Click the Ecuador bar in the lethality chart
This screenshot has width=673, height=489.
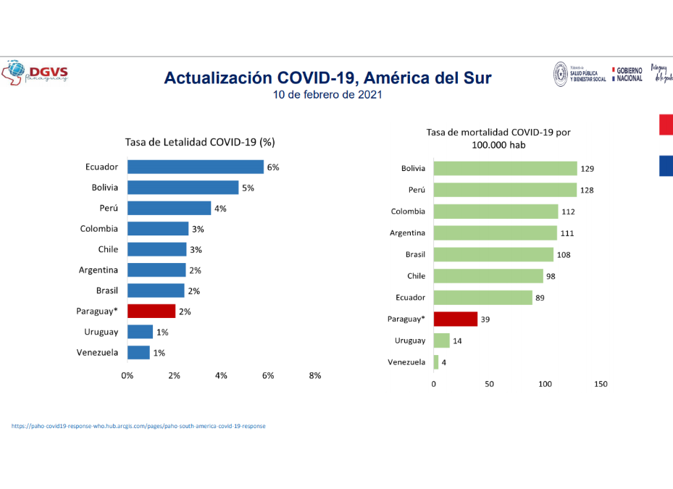click(x=195, y=167)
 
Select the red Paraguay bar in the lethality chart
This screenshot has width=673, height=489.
click(x=151, y=311)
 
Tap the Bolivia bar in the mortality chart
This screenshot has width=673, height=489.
click(x=505, y=169)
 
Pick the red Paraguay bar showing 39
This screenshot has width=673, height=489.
click(x=455, y=319)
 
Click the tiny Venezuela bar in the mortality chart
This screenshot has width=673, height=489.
click(x=436, y=361)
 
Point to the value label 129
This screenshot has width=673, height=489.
click(x=588, y=169)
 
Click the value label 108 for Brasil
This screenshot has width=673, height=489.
click(x=564, y=254)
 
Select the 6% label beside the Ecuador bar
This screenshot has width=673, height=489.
click(x=273, y=167)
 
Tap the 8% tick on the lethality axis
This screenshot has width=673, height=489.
click(x=315, y=375)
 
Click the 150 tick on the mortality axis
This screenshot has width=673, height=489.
click(x=601, y=384)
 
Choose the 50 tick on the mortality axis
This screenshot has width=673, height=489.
click(x=489, y=384)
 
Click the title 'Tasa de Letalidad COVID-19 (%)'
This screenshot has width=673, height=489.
click(x=200, y=142)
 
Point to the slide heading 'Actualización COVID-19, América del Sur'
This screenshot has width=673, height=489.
click(x=327, y=78)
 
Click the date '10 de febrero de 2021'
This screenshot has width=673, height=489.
click(x=327, y=95)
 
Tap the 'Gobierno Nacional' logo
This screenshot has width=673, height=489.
click(x=627, y=74)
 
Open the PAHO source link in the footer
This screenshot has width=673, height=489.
click(x=138, y=426)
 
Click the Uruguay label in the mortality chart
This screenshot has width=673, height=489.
click(x=410, y=340)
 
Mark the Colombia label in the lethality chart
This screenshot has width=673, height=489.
click(x=99, y=228)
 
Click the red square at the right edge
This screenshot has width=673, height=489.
click(x=666, y=125)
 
